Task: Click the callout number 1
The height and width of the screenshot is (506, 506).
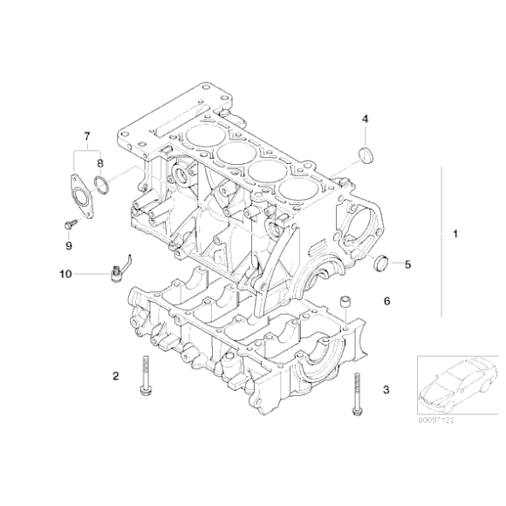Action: [455, 235]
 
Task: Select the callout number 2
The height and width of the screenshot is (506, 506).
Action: [115, 376]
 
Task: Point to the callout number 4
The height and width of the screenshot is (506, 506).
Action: [366, 119]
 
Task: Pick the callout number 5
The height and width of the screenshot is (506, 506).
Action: [407, 262]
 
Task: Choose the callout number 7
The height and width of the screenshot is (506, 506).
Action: [86, 136]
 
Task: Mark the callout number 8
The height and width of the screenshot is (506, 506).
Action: [100, 162]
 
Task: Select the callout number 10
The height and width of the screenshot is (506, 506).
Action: [65, 273]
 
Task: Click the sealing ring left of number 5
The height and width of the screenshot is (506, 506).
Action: [380, 262]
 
